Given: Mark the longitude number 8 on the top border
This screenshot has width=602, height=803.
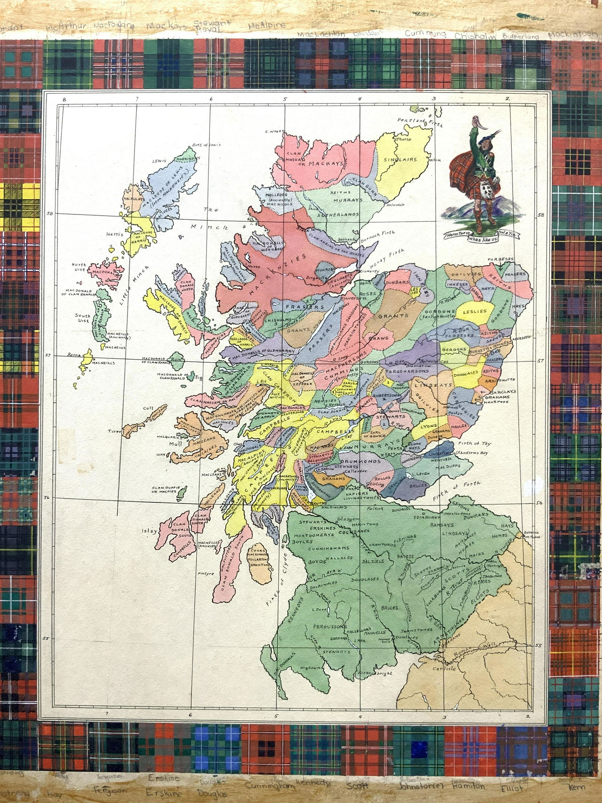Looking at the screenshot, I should (64, 99).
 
